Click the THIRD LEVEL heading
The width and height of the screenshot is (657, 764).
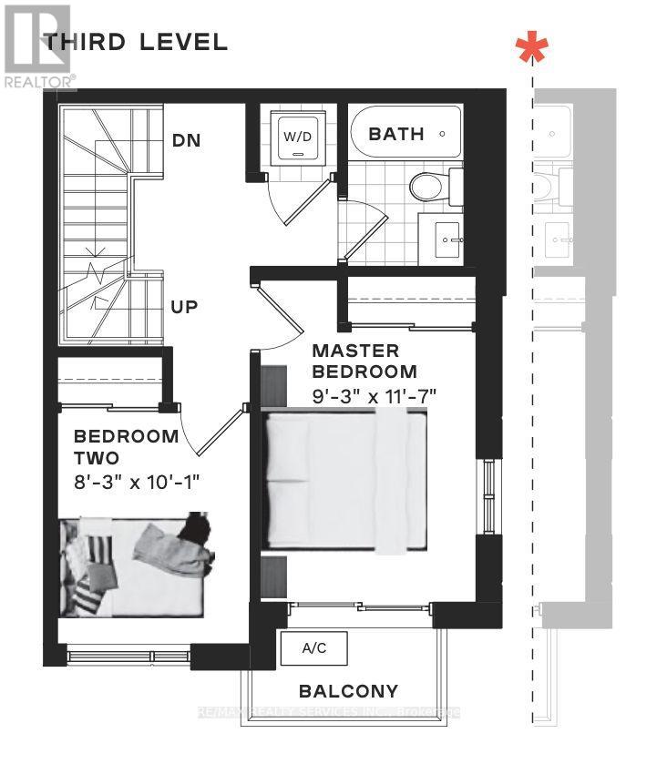click(136, 42)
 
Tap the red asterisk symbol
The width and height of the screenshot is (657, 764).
click(531, 49)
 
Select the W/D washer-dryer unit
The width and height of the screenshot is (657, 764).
click(295, 138)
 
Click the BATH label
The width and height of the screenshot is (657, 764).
click(395, 134)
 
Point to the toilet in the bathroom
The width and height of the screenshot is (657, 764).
click(426, 187)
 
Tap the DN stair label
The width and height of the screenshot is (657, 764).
click(187, 141)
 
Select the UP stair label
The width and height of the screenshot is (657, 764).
click(186, 306)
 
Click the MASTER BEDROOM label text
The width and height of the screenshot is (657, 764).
click(364, 361)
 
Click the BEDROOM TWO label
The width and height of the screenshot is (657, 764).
click(126, 446)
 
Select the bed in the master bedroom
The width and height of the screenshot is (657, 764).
click(344, 481)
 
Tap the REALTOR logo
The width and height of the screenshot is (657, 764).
click(37, 46)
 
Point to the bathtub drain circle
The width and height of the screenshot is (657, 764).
click(443, 134)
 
